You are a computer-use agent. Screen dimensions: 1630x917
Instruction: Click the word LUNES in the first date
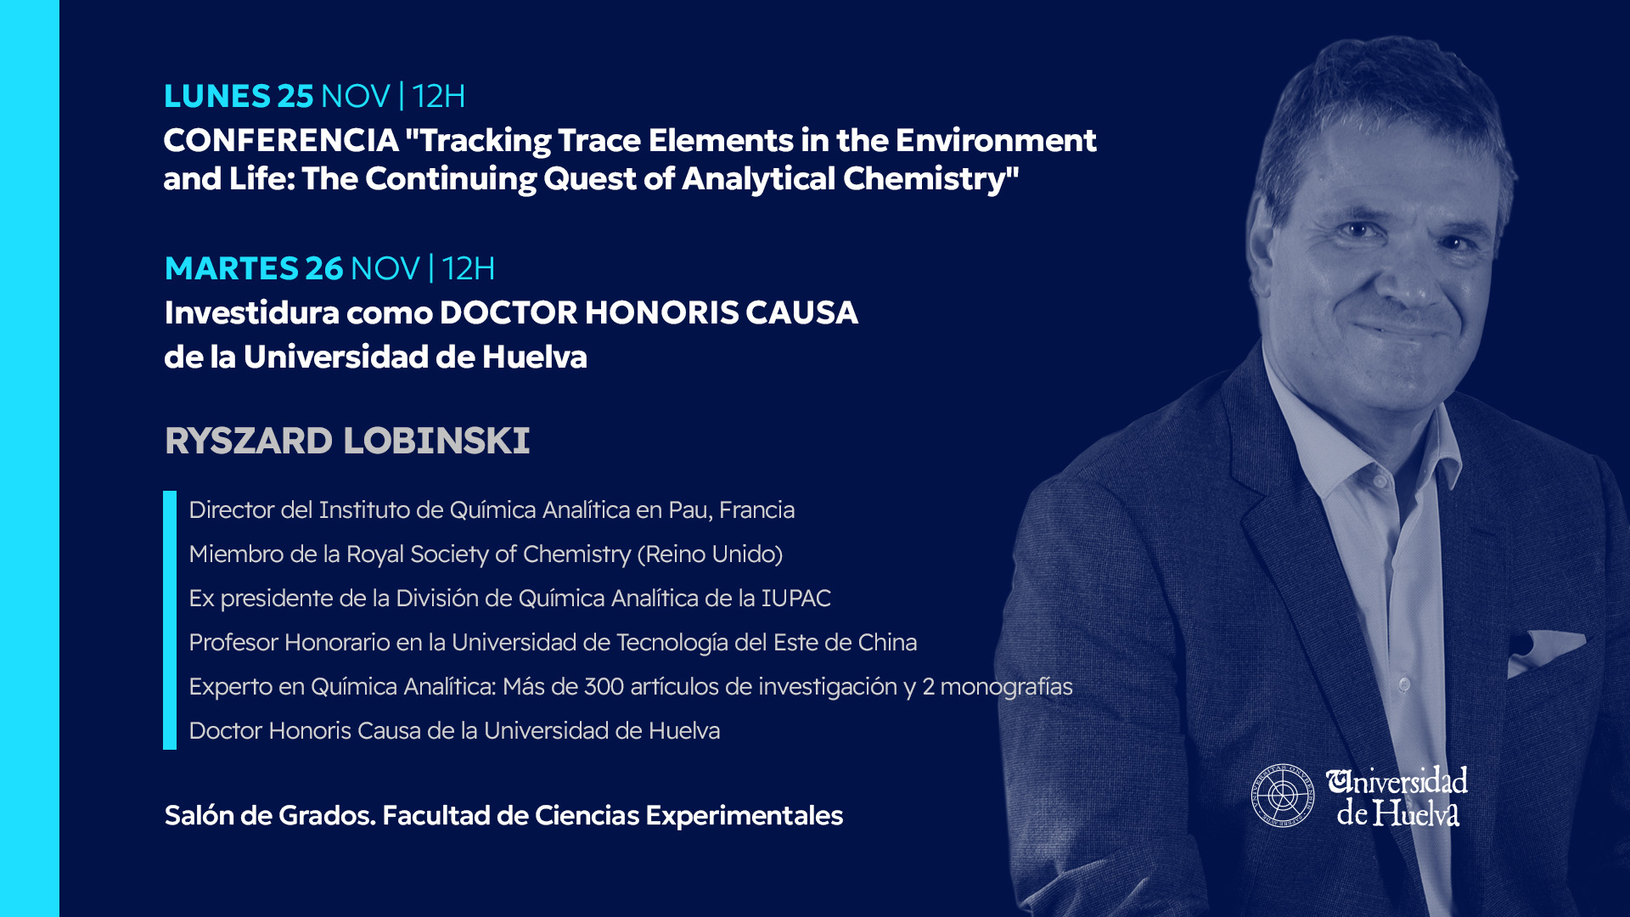pos(216,96)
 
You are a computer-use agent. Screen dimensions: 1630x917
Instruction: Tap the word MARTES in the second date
pos(231,268)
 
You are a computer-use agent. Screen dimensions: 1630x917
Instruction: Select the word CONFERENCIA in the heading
pos(281,140)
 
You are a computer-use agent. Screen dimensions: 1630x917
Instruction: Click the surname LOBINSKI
pos(436,441)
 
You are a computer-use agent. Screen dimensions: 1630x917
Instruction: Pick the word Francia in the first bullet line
pos(756,509)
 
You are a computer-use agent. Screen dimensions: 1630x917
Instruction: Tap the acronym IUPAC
pos(795,598)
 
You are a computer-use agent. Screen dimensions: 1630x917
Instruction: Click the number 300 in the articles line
pos(604,686)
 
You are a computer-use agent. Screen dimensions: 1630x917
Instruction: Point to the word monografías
pos(1006,687)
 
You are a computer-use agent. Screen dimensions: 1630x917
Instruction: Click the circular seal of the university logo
pos(1282,796)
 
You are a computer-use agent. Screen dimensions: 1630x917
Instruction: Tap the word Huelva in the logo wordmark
pos(1416,813)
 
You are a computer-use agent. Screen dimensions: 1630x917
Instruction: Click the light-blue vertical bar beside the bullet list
pos(170,620)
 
